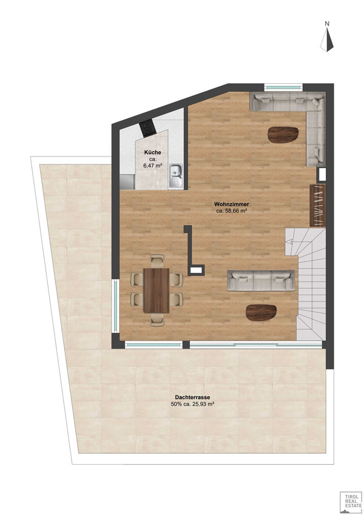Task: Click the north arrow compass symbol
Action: (327, 40)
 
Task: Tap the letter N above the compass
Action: (327, 23)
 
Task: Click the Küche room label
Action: (152, 152)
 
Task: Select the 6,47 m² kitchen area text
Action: (152, 166)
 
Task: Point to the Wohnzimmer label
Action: (232, 204)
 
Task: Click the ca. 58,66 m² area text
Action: (232, 211)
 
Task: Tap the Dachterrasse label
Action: (192, 397)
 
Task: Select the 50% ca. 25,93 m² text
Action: (192, 405)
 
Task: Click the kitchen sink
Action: (177, 176)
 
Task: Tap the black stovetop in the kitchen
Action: (147, 129)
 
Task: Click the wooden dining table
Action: (157, 291)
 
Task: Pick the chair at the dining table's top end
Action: (157, 260)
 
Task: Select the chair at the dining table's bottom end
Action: (157, 320)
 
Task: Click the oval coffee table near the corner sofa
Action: (283, 135)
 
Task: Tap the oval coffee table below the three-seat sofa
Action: (261, 312)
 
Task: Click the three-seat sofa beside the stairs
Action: (261, 280)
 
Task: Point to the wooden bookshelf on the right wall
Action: (318, 205)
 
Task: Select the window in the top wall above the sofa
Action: (283, 87)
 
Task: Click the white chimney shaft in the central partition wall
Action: (196, 270)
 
